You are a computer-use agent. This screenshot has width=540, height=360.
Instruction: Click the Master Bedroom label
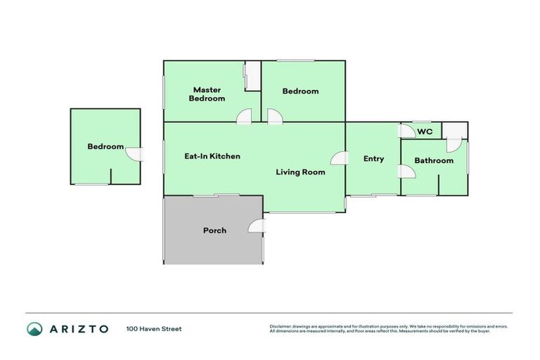coord(207,94)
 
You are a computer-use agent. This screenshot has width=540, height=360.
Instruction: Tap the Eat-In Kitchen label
coord(212,156)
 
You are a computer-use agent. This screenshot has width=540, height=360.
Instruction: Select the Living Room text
coord(300,172)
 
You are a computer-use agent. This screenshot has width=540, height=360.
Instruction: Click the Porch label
coord(214,230)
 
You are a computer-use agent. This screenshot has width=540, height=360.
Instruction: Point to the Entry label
coord(373,159)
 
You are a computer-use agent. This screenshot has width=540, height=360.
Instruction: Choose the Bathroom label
coord(433,160)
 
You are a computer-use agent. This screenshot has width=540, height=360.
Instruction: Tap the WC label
coord(425,131)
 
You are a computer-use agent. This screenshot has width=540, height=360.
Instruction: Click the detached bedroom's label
coord(105,146)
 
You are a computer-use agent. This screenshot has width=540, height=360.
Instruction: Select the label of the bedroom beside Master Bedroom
coord(300,91)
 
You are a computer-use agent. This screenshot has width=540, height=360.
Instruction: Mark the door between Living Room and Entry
coord(339,159)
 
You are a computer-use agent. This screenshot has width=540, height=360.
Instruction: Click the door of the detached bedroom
coord(134,153)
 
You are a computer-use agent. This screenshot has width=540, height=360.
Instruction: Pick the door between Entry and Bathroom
coord(406,172)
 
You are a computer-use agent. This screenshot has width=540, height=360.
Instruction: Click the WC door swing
coord(406,131)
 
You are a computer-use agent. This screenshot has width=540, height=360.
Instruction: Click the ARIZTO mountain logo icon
coord(34,328)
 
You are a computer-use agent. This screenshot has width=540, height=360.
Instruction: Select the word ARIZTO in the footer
coord(78,328)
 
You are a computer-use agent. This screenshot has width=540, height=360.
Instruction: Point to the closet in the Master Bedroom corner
coord(252,76)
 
